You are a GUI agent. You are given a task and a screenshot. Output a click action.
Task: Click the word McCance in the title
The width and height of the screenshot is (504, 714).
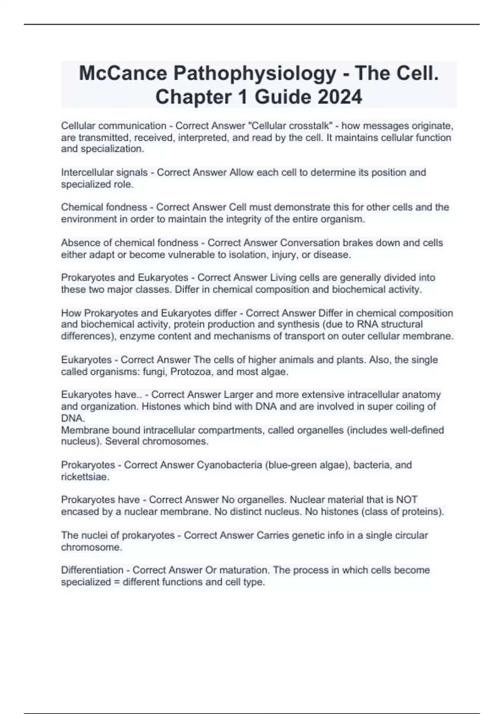tap(122, 74)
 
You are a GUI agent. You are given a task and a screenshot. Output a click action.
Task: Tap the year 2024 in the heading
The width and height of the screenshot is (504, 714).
tap(340, 97)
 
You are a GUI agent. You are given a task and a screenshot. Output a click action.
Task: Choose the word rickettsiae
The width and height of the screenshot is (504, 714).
tap(85, 477)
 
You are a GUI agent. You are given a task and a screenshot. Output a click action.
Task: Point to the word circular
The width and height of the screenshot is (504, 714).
tap(408, 535)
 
